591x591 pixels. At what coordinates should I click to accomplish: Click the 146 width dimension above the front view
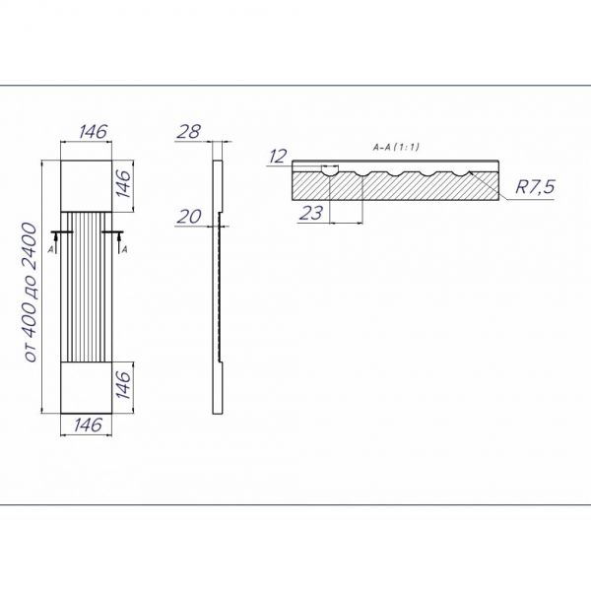[x=94, y=132]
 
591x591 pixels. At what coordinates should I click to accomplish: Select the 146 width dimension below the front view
[x=88, y=425]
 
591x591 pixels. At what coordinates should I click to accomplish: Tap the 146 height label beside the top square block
[x=123, y=183]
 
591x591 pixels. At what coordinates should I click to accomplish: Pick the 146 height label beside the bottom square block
[x=123, y=384]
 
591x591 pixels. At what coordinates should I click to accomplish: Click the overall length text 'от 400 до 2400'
[x=31, y=293]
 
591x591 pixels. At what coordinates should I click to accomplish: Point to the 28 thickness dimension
[x=188, y=132]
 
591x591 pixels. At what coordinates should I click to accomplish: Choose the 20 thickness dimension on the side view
[x=189, y=217]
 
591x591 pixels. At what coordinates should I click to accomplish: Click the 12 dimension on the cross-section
[x=278, y=157]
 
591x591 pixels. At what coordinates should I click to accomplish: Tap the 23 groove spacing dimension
[x=311, y=214]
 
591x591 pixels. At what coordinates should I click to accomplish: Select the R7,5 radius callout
[x=535, y=186]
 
